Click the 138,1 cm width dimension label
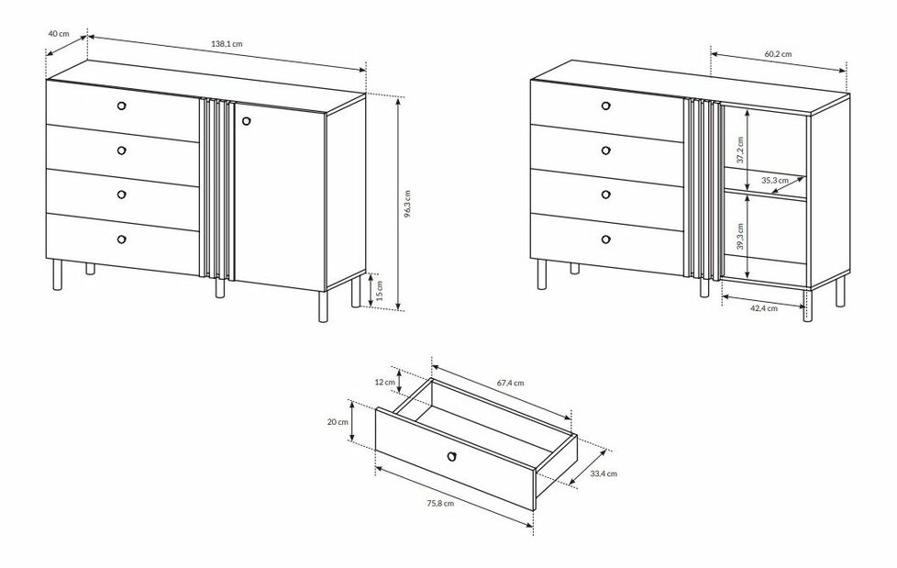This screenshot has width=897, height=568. click(227, 43)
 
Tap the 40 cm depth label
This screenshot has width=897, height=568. click(59, 33)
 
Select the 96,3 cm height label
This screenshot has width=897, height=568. click(407, 205)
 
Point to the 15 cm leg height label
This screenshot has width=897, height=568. click(382, 292)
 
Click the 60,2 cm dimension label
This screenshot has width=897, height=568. click(778, 54)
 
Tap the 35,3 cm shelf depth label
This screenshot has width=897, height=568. click(775, 181)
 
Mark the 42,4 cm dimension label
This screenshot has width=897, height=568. click(764, 308)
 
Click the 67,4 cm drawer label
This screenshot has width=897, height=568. click(510, 383)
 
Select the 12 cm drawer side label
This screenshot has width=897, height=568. click(385, 382)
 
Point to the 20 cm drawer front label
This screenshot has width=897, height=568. click(338, 422)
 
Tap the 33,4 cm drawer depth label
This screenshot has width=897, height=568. click(604, 473)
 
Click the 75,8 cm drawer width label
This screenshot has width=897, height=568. click(440, 503)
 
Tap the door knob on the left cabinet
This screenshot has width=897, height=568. click(247, 121)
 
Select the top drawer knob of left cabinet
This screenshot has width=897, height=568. click(121, 106)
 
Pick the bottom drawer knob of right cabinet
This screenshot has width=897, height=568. click(606, 239)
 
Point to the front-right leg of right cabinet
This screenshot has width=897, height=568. click(808, 306)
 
